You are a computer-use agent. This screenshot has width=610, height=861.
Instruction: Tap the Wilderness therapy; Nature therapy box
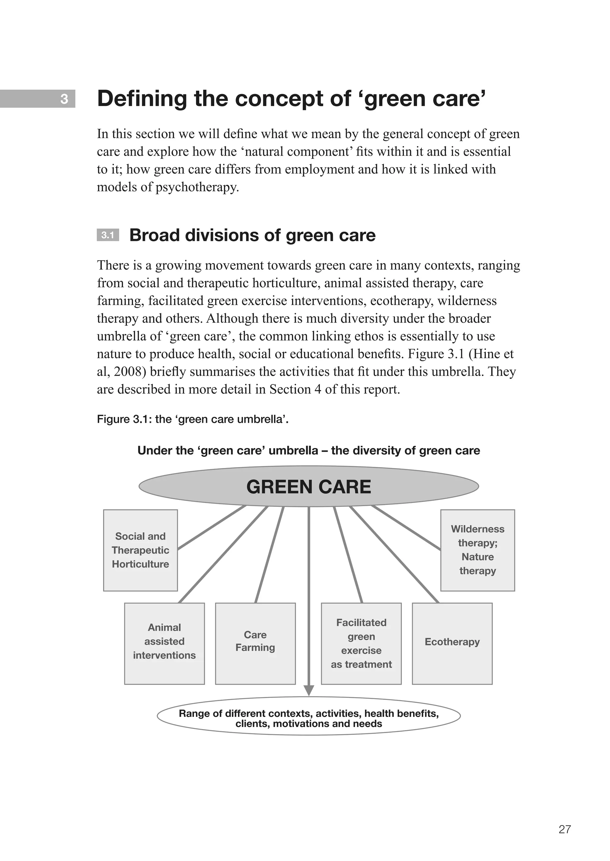point(477,550)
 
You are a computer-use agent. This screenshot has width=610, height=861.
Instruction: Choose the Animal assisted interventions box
point(164,644)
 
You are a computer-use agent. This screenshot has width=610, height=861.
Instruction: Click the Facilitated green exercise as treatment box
point(361,644)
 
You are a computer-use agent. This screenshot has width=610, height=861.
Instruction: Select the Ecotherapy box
point(452,644)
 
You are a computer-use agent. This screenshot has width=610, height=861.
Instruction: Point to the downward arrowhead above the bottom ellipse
point(308,690)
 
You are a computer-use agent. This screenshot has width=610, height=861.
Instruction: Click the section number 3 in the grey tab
point(64,99)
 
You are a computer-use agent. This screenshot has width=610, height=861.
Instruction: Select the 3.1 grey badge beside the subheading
point(108,235)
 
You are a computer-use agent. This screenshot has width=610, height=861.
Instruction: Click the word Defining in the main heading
point(141,99)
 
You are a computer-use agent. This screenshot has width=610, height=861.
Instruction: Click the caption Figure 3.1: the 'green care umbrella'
point(192,419)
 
